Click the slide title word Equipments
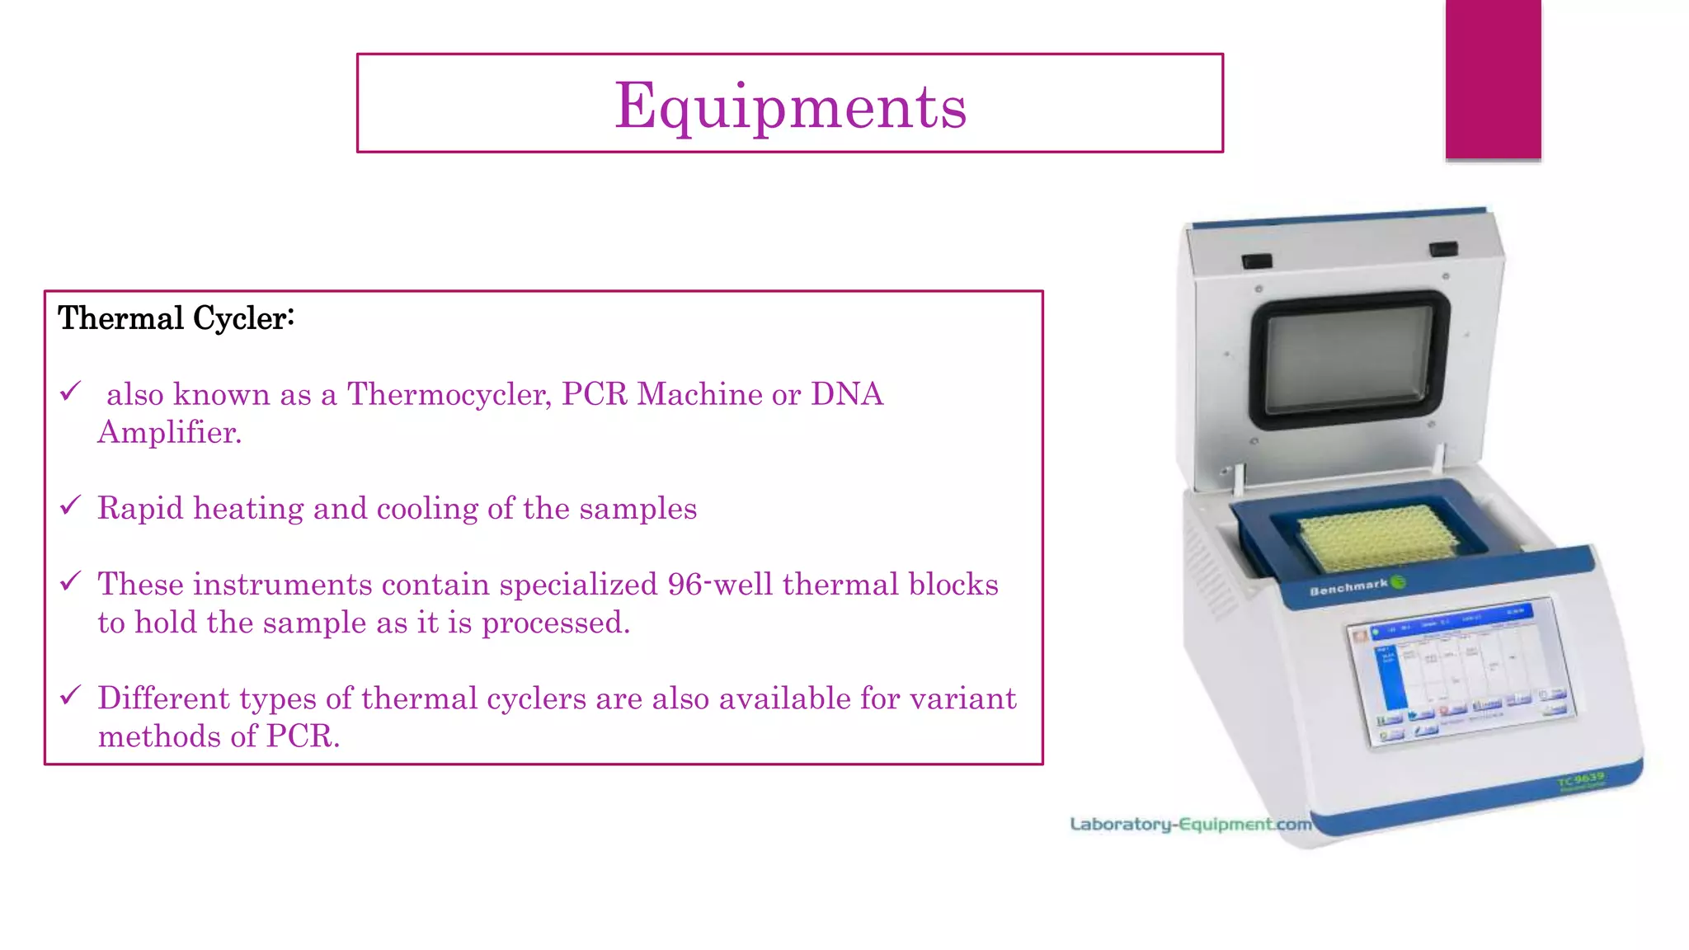click(x=790, y=106)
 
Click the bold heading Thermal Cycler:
click(x=176, y=318)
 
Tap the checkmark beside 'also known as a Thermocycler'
click(x=71, y=391)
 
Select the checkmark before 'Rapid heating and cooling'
click(x=71, y=505)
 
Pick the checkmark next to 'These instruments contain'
click(x=71, y=581)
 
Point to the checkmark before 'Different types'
click(x=71, y=694)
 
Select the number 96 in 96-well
click(x=685, y=585)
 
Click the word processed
click(x=556, y=623)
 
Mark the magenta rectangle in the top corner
click(x=1493, y=79)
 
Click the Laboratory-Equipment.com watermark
click(x=1190, y=824)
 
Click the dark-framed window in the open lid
click(x=1349, y=360)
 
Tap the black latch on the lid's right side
click(x=1443, y=248)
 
